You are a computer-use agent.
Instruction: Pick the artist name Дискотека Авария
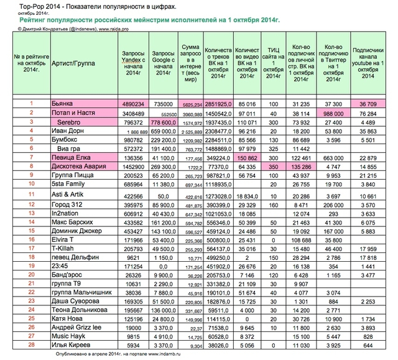[x=78, y=168]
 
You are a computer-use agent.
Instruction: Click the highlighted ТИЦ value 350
[x=273, y=168]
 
